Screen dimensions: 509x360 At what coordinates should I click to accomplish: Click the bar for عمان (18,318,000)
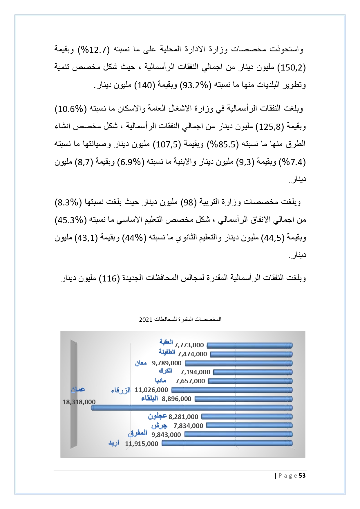(191, 408)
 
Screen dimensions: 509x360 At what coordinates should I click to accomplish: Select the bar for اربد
(227, 443)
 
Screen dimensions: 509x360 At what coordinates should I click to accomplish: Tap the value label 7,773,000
(189, 345)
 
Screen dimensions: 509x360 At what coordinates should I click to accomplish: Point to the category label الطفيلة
(167, 352)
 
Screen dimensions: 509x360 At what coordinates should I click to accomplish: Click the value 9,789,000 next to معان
(167, 363)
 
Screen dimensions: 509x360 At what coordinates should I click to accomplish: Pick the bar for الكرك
(253, 372)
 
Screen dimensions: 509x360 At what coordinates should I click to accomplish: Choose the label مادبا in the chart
(160, 380)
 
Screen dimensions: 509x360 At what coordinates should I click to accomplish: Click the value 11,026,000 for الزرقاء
(151, 390)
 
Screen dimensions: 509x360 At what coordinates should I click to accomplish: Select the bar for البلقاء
(243, 399)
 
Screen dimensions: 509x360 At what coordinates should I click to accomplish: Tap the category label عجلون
(157, 416)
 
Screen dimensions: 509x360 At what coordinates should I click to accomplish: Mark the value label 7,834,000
(188, 426)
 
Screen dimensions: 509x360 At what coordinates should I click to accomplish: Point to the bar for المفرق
(238, 434)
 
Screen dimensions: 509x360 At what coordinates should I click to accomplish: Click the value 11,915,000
(142, 444)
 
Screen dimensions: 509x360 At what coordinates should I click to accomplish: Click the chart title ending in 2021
(180, 319)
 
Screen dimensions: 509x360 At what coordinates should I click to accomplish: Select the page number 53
(302, 476)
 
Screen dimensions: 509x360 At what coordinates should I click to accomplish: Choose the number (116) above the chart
(109, 279)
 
